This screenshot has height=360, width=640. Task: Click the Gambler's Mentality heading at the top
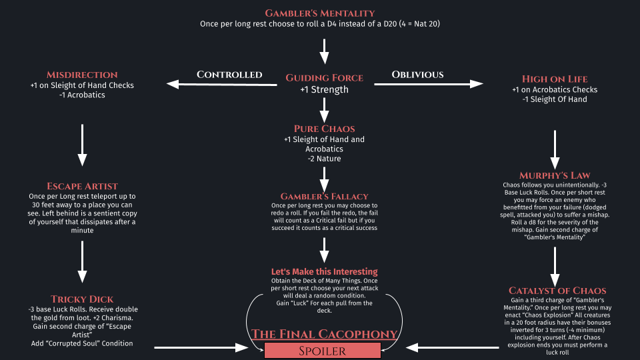coord(320,13)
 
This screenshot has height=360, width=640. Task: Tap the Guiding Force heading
coord(324,78)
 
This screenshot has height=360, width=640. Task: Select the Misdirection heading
coord(82,75)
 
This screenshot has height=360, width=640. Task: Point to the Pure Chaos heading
coord(324,128)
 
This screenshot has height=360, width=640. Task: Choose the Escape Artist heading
coord(82,185)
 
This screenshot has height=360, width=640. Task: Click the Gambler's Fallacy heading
coord(324,196)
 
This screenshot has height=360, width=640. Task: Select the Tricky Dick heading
coord(82,299)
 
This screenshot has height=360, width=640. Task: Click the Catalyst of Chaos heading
coord(557,290)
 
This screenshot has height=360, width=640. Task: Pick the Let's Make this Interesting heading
coord(324,271)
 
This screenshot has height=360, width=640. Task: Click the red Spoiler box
coord(323,350)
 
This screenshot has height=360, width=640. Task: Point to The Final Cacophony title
coord(324,333)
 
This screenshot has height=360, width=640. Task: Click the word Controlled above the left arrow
coord(229,74)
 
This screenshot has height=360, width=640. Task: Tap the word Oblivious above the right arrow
coord(417,74)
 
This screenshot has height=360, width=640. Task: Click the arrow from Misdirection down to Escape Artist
coord(82,143)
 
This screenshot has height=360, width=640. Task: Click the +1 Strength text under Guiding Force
coord(324,90)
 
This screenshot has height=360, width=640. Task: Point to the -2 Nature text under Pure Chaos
coord(324,159)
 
